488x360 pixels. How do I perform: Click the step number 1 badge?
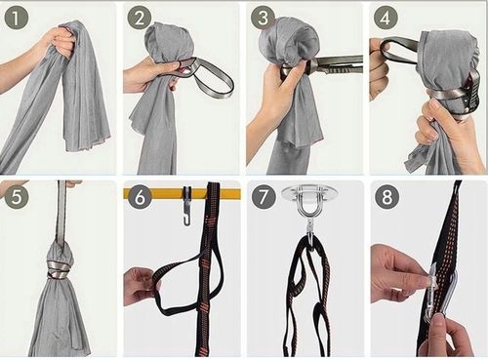(x=17, y=19)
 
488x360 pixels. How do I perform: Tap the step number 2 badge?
(x=139, y=19)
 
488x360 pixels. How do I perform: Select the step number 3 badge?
(x=263, y=19)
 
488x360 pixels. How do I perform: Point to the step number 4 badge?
(x=386, y=19)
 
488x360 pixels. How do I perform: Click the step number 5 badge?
(x=17, y=197)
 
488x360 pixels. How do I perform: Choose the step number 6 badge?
(x=140, y=197)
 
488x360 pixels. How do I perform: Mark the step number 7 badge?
(x=264, y=197)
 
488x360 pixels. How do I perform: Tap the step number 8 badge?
(x=386, y=197)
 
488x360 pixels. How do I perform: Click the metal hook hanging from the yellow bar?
(x=186, y=207)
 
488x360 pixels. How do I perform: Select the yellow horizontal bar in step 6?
(x=182, y=194)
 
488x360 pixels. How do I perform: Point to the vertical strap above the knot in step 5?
(x=61, y=213)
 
